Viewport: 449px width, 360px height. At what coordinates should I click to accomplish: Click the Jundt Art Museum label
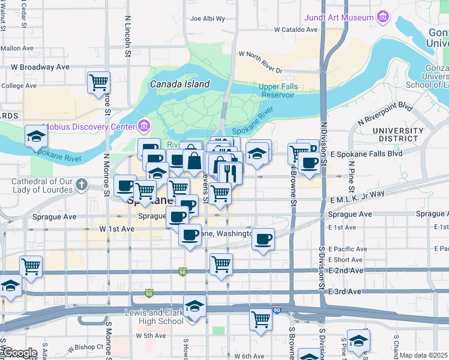click(x=340, y=17)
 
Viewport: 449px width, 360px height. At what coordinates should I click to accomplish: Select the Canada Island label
click(x=180, y=85)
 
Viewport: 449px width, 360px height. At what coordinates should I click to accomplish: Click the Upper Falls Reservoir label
click(x=277, y=91)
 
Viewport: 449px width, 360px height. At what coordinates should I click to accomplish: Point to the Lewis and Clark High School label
click(x=154, y=317)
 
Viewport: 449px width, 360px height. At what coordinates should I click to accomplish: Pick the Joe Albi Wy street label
click(x=207, y=19)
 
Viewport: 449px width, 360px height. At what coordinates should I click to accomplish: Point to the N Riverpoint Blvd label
click(x=385, y=115)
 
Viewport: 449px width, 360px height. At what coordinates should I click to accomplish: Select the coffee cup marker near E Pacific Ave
click(x=263, y=240)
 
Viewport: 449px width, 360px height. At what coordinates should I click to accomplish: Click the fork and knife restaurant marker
click(x=231, y=174)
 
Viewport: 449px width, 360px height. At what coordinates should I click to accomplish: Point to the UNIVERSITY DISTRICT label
click(x=397, y=134)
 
